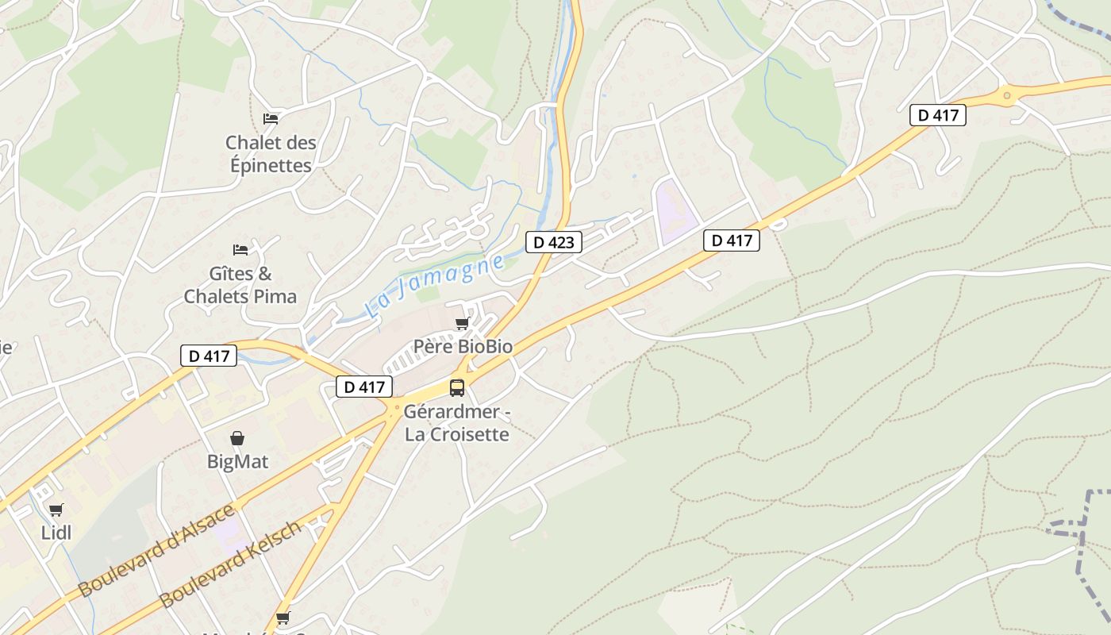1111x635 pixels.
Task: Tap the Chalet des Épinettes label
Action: click(271, 154)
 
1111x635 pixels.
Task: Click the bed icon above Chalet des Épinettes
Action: click(271, 119)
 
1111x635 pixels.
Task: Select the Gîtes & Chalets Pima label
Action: click(240, 285)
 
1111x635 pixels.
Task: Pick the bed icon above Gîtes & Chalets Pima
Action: click(240, 250)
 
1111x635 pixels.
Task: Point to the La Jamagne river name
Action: click(435, 286)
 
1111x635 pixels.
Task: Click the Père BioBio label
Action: click(463, 347)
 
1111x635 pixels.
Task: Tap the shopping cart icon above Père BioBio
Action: click(462, 324)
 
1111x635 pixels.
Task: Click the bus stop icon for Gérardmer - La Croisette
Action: click(457, 387)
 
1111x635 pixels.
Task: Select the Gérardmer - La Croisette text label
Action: click(456, 423)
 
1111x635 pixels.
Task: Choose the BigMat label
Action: click(237, 461)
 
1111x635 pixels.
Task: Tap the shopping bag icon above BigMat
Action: click(237, 438)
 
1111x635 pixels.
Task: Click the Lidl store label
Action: click(56, 533)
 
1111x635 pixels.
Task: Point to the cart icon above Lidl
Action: click(56, 510)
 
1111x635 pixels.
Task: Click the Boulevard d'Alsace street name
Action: click(157, 550)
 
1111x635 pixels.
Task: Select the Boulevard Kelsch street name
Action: click(231, 564)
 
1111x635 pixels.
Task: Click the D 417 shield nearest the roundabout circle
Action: click(937, 115)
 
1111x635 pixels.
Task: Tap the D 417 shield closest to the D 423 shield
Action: click(731, 241)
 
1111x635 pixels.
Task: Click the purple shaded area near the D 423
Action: click(674, 211)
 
